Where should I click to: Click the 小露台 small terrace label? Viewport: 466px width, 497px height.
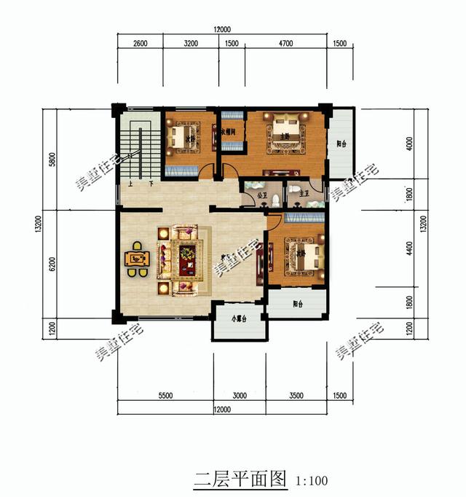240,318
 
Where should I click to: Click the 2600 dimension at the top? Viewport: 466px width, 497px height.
140,43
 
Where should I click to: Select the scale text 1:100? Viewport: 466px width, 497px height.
312,481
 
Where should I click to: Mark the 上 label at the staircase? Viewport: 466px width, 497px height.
130,184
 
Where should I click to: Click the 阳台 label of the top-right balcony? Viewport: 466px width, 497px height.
341,144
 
